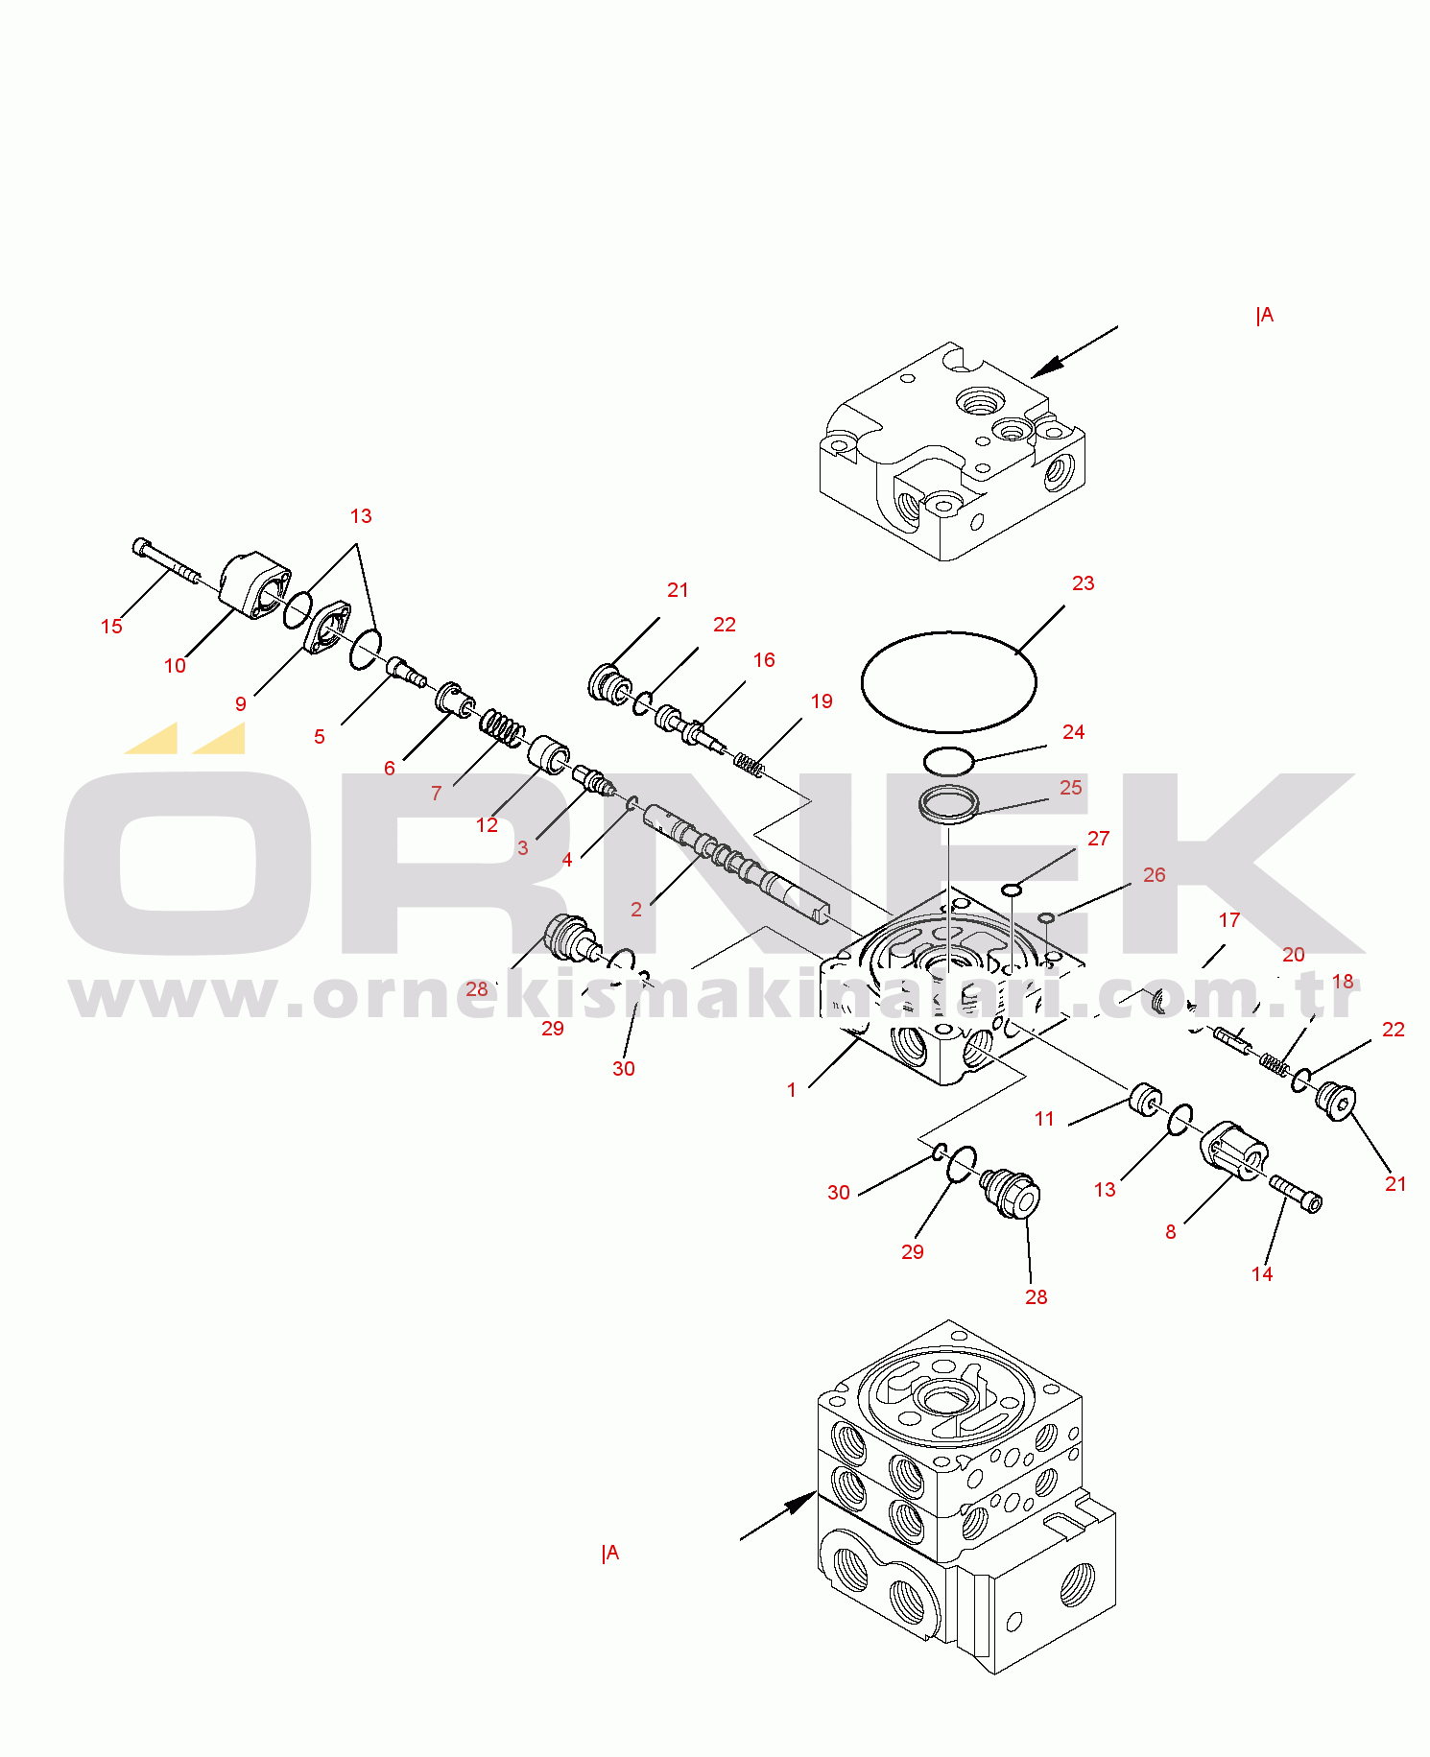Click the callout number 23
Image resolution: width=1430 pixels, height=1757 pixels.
pyautogui.click(x=1083, y=583)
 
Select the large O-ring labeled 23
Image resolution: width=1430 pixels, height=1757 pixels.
pyautogui.click(x=949, y=633)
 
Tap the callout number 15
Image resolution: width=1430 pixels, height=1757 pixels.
pyautogui.click(x=111, y=627)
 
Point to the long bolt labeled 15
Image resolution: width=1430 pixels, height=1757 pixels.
pyautogui.click(x=166, y=561)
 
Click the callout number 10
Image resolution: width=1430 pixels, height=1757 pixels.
pyautogui.click(x=175, y=666)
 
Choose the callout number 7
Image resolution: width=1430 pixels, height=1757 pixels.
pyautogui.click(x=437, y=794)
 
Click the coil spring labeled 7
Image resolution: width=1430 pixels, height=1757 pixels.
pyautogui.click(x=502, y=727)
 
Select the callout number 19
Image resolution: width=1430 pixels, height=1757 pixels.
pyautogui.click(x=822, y=701)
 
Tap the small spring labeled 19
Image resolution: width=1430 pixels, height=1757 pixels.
pyautogui.click(x=750, y=765)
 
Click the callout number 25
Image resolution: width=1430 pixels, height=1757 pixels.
pyautogui.click(x=1071, y=788)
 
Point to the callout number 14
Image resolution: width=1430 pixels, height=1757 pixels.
pyautogui.click(x=1262, y=1274)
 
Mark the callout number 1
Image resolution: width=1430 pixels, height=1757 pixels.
pyautogui.click(x=792, y=1090)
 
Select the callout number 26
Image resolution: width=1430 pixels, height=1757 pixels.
pyautogui.click(x=1155, y=875)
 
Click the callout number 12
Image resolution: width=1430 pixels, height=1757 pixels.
pyautogui.click(x=488, y=825)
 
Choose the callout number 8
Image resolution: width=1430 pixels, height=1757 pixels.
pyautogui.click(x=1171, y=1232)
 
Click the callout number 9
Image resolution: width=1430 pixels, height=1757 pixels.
pyautogui.click(x=241, y=704)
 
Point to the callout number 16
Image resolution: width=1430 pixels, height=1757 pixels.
pyautogui.click(x=764, y=660)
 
